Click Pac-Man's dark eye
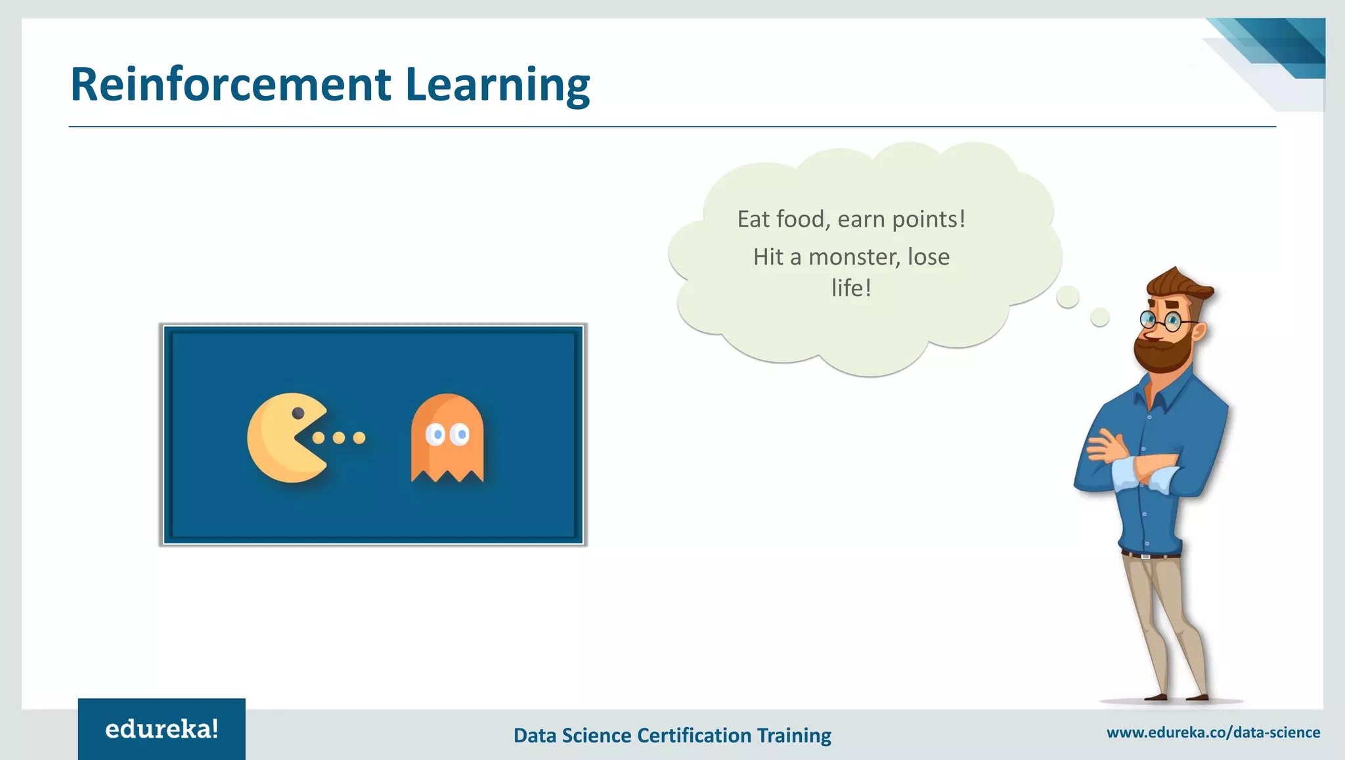point(298,413)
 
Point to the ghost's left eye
point(436,434)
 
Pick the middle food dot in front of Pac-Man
point(339,437)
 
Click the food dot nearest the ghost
point(359,437)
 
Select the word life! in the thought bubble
point(851,288)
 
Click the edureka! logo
point(162,729)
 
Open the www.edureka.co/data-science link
point(1213,732)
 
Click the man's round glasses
point(1160,321)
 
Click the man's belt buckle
point(1145,556)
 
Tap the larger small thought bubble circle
point(1068,297)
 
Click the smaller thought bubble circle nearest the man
point(1100,317)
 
